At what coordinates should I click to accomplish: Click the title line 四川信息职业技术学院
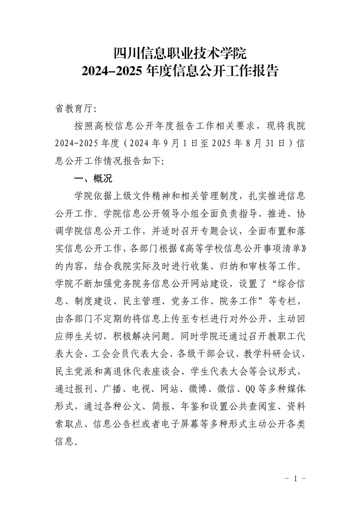click(x=180, y=54)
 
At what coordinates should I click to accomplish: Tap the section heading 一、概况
click(x=89, y=178)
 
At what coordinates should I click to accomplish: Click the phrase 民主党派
click(x=73, y=371)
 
